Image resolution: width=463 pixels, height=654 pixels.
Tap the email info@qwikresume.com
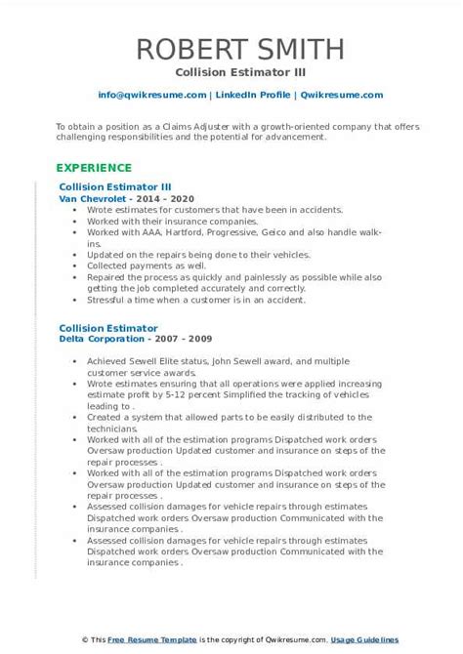point(152,95)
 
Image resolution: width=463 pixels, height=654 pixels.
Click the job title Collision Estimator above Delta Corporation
point(108,328)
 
